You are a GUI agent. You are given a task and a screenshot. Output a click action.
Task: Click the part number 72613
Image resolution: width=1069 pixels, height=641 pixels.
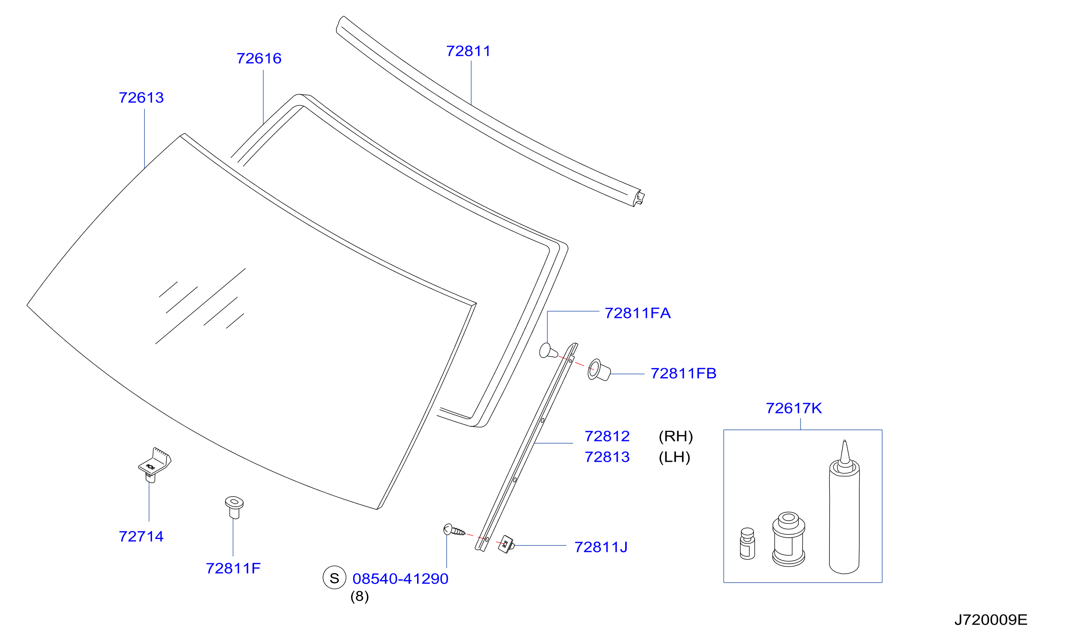click(141, 98)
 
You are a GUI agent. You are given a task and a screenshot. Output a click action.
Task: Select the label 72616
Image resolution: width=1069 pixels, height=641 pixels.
click(259, 58)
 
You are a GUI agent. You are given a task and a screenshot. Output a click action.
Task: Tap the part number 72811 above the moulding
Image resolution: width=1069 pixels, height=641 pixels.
click(468, 51)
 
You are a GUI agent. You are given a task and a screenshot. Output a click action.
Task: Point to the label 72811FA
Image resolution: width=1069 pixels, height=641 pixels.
click(638, 313)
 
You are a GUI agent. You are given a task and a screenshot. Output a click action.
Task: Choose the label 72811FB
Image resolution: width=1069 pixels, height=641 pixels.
click(683, 373)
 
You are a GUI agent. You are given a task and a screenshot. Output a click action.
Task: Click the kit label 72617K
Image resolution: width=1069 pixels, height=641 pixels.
click(794, 408)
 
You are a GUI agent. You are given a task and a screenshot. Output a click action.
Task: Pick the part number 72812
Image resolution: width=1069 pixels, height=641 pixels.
click(607, 436)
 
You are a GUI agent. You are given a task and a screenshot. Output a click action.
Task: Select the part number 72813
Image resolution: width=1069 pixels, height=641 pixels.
click(607, 457)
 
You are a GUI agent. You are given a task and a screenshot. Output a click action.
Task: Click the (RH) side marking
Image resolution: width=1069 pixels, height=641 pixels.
click(676, 436)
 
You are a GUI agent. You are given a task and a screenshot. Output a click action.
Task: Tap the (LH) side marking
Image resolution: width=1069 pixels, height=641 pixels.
click(674, 457)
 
